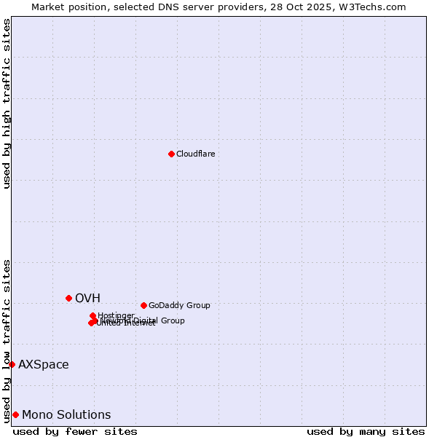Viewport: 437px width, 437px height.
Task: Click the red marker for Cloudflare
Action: (171, 154)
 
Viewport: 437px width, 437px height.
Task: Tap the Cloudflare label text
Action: (196, 154)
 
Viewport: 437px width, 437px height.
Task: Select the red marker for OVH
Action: (69, 298)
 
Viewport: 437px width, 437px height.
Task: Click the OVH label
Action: (87, 298)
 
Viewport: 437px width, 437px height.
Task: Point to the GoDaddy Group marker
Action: (143, 305)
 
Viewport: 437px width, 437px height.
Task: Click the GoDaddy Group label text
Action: (179, 306)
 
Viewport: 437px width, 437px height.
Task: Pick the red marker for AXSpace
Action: (12, 364)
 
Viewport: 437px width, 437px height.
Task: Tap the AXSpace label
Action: (44, 365)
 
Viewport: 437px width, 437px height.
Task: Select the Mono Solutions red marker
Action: (15, 414)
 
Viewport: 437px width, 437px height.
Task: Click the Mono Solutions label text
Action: (66, 415)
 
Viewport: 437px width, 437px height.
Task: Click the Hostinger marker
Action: (92, 315)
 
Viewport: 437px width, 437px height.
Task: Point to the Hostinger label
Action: (116, 315)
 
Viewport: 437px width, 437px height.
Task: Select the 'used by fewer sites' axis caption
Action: (75, 431)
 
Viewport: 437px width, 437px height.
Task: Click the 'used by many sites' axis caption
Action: (366, 431)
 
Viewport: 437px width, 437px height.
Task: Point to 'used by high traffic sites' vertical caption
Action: (7, 103)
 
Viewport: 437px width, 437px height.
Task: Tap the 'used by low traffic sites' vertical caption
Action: (7, 340)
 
